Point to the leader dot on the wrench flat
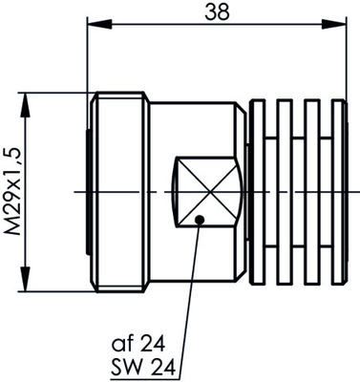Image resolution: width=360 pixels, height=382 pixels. (198, 219)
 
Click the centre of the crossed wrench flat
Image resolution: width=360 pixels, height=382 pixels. (202, 192)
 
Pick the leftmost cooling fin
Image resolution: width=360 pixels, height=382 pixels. (256, 192)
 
